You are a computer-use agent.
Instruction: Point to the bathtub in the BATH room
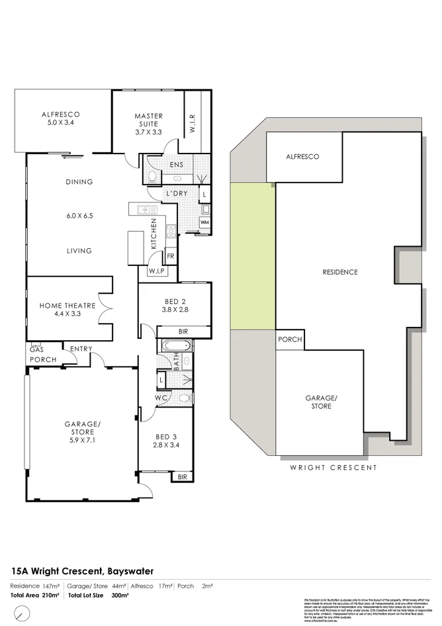point(174,345)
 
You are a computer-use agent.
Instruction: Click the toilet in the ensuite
point(152,176)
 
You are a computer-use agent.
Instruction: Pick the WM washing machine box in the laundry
point(204,222)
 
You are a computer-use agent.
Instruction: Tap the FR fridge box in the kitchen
point(170,256)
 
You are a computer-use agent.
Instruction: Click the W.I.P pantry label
point(157,271)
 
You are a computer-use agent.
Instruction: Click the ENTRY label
point(80,349)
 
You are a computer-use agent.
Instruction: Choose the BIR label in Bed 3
point(183,476)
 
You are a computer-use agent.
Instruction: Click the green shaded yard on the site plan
point(252,255)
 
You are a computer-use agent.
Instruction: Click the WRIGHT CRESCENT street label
point(333,467)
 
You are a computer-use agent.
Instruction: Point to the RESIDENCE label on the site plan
point(339,272)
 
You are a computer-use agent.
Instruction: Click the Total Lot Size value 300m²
point(120,596)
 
